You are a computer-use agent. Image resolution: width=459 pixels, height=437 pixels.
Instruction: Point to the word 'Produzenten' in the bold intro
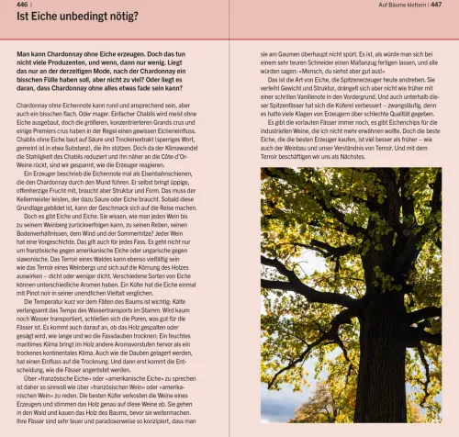pos(71,64)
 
